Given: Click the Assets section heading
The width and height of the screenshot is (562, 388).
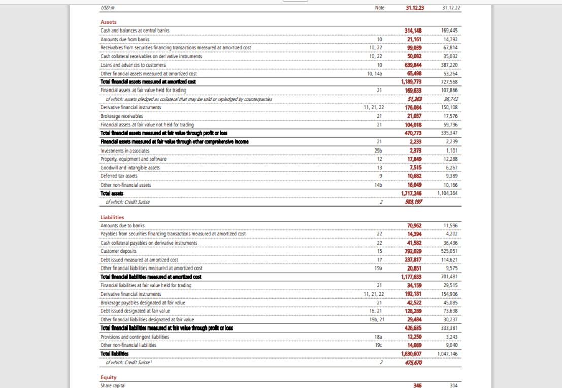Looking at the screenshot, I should click(x=108, y=22).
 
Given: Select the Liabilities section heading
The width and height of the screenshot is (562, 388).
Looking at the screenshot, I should click(x=112, y=217).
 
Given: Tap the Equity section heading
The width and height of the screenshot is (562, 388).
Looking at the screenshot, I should click(x=108, y=377).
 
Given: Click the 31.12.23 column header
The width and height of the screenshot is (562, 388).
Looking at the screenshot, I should click(x=415, y=8).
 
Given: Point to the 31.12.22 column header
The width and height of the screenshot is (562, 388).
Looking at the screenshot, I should click(x=451, y=8).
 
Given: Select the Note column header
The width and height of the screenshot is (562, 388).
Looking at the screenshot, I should click(x=379, y=8).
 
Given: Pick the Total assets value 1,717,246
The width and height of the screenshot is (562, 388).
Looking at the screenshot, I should click(x=411, y=193).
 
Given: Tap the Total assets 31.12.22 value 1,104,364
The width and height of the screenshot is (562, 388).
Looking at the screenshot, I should click(x=447, y=193).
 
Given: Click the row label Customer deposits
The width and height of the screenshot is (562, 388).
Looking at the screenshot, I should click(x=118, y=251).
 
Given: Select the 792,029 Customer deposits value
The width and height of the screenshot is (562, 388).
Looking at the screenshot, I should click(x=413, y=251).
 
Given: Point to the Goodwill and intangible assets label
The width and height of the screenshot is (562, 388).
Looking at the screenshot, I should click(x=130, y=167).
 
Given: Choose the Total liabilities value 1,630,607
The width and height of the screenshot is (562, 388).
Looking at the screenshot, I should click(x=411, y=353).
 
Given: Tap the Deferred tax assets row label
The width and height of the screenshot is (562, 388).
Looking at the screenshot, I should click(x=119, y=176).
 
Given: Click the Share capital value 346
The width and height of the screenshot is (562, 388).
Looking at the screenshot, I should click(x=417, y=386).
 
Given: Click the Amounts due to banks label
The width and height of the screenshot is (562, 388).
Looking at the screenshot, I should click(x=122, y=225).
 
